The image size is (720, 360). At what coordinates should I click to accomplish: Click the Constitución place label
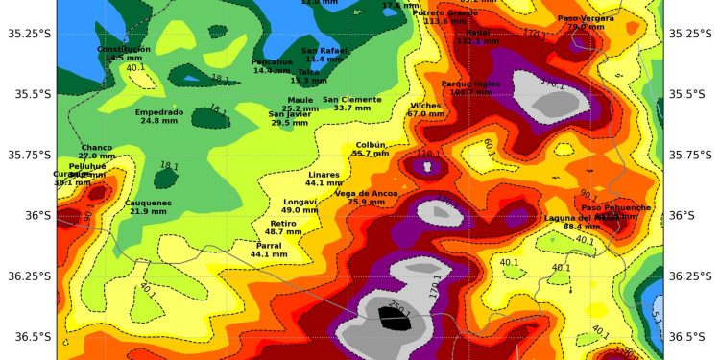[124, 48]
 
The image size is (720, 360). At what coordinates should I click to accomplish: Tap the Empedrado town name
[159, 111]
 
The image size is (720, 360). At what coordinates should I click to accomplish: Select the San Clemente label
[351, 99]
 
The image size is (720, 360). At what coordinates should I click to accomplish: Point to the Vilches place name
[425, 105]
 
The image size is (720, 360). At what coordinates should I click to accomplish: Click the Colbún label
[371, 144]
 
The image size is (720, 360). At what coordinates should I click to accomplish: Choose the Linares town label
[324, 174]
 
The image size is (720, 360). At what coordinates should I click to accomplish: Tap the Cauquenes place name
[149, 203]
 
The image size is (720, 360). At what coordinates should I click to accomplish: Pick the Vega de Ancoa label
[366, 193]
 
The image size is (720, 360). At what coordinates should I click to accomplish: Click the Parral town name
[269, 246]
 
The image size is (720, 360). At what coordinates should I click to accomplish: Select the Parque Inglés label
[471, 84]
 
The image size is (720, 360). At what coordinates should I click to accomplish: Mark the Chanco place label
[96, 147]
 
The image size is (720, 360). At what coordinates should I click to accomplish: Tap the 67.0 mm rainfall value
[425, 114]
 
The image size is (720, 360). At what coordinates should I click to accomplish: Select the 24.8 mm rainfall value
[159, 121]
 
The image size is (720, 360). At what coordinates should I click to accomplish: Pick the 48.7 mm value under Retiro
[282, 232]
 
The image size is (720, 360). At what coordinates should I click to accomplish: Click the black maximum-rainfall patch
[394, 320]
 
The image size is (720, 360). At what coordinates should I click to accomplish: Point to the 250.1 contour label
[398, 307]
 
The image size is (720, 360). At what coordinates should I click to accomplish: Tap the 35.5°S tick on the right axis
[691, 94]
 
